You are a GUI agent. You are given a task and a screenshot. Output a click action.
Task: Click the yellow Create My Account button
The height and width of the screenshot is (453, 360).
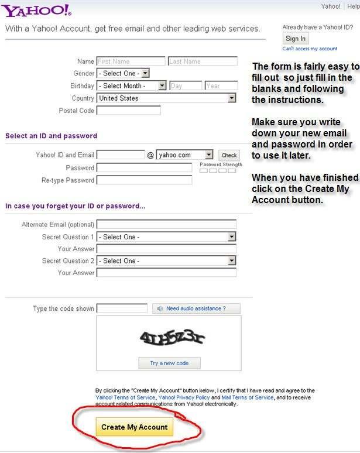pos(134,427)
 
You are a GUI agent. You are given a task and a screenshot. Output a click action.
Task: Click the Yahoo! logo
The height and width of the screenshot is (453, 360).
pos(36,11)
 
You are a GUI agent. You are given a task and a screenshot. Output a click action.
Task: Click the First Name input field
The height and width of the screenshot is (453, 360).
pos(131,61)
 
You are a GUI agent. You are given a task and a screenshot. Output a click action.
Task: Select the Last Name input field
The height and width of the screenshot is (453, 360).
pos(203,61)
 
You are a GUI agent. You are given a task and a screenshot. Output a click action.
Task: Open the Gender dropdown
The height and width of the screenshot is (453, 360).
pos(123,73)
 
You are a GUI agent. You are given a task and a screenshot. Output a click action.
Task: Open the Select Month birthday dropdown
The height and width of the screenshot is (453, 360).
pos(131,85)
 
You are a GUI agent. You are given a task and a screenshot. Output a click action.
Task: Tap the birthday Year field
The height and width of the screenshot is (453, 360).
pos(221,85)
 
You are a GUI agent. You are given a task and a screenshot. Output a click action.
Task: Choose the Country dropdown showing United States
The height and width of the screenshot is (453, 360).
pos(166,98)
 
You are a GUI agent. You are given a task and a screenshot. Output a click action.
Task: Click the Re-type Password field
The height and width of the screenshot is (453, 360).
pos(144,180)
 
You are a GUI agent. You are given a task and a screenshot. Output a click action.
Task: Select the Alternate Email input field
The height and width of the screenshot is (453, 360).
pos(166,224)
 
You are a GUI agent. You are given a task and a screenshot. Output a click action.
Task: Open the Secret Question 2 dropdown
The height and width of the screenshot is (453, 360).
pos(166,260)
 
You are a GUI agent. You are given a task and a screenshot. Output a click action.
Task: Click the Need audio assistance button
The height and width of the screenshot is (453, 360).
pos(196,308)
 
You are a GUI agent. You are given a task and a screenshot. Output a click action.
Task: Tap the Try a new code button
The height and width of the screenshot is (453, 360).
pos(169,363)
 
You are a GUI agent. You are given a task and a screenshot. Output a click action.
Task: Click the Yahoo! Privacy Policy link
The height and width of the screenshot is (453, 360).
pos(184,397)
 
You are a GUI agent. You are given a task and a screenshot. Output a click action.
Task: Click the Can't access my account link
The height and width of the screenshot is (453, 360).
pos(310,49)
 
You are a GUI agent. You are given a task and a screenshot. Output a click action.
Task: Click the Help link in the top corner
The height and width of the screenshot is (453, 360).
pos(353,6)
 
